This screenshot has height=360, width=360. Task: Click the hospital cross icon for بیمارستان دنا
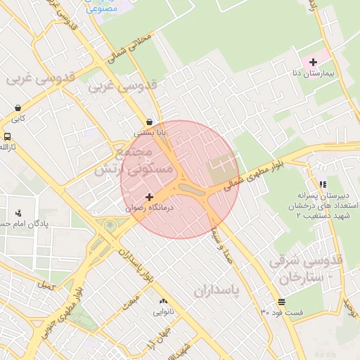(314, 62)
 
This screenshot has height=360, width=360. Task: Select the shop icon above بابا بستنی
(149, 121)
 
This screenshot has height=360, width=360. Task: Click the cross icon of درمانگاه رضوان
(148, 197)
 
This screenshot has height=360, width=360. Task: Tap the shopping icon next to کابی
(16, 108)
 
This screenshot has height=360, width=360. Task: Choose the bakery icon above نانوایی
(164, 300)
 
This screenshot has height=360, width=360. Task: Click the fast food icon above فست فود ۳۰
(281, 301)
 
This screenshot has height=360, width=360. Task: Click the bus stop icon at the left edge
(6, 136)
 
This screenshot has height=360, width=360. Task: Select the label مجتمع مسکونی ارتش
(146, 161)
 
